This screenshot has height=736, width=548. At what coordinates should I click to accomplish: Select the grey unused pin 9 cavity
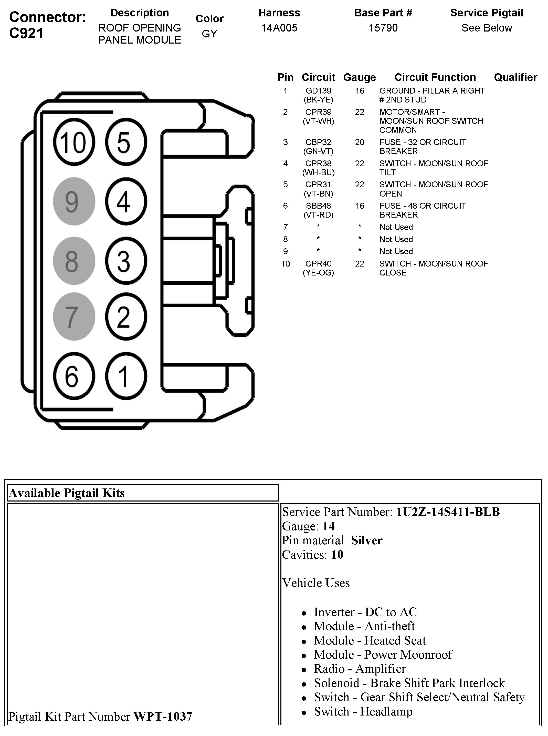pos(74,201)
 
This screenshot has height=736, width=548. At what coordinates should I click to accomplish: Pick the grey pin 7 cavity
pos(74,317)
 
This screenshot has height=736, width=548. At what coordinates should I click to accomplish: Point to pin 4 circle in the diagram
pos(126,201)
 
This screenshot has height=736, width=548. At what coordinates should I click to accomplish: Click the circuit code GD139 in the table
pos(318,91)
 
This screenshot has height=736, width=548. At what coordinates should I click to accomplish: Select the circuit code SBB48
pos(318,206)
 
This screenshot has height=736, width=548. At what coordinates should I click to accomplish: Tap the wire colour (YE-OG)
pos(318,273)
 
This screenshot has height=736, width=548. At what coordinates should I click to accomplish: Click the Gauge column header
pos(359,77)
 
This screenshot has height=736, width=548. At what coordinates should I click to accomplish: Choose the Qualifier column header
pos(515,77)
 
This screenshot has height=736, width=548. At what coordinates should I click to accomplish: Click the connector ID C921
pos(26,33)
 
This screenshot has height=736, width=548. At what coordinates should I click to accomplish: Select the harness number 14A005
pos(279,28)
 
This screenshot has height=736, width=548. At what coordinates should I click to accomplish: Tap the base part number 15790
pos(383,28)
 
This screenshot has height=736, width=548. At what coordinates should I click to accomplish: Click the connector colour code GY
pos(209,34)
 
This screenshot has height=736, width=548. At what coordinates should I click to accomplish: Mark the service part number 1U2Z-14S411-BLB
pos(448,512)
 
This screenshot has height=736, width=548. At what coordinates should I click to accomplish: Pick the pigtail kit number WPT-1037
pos(163,717)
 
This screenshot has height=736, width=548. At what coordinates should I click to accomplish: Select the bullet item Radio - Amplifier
pos(360,669)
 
